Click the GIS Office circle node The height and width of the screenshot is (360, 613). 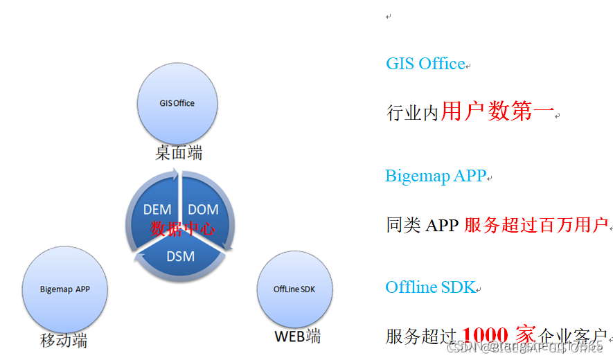tap(177, 103)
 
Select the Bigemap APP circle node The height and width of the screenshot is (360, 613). tap(64, 289)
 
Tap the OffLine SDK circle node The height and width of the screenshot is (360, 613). tap(295, 289)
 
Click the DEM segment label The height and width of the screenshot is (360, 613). tap(157, 210)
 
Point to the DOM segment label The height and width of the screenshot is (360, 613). tap(203, 210)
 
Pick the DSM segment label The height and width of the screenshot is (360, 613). tap(180, 256)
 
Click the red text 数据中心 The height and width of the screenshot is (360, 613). tap(182, 228)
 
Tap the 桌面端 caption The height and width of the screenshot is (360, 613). tap(179, 153)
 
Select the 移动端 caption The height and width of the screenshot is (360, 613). tap(64, 340)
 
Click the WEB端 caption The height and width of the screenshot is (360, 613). tap(298, 337)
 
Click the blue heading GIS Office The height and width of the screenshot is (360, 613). tap(425, 64)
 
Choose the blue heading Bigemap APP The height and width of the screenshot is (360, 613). tap(436, 176)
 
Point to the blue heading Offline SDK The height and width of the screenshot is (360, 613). tap(430, 287)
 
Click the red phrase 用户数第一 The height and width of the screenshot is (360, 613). tap(497, 111)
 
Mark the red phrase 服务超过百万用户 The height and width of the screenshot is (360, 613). tap(536, 225)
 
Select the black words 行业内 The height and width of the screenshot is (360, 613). tap(413, 113)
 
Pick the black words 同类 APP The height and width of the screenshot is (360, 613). tap(423, 226)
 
